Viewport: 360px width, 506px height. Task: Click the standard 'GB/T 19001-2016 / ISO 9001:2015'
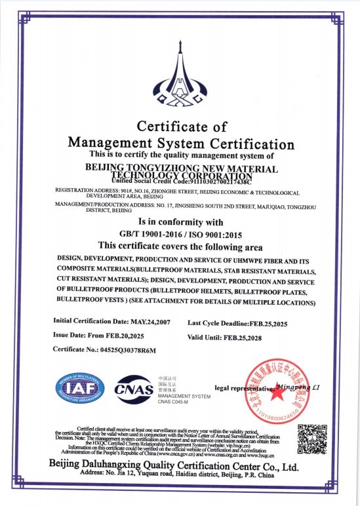180,234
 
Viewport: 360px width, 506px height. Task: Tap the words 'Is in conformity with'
180,222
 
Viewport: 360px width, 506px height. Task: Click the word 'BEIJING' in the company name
107,168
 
